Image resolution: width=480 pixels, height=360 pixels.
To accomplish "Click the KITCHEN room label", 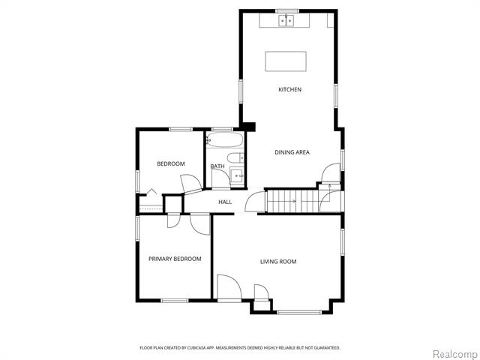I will (289, 90).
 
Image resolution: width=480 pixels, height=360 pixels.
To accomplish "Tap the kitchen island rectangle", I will (286, 60).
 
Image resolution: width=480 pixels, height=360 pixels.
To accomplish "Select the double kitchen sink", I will (286, 21).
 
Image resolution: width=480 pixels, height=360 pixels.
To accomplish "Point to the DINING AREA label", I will (292, 152).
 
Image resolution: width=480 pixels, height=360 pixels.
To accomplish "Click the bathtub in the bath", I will (224, 140).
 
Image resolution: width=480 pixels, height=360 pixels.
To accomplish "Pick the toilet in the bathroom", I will (235, 157).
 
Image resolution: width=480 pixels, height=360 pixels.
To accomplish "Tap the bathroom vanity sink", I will (238, 176).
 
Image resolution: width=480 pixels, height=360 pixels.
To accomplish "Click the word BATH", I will (217, 166).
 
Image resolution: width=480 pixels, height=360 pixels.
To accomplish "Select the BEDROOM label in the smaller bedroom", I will (170, 163).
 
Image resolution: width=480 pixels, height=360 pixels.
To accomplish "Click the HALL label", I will (225, 202).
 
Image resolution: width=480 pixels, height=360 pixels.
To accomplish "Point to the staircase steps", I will (284, 201).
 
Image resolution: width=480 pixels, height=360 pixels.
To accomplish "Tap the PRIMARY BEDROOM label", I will (175, 259).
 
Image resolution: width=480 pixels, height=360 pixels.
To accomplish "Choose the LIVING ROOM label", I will (278, 262).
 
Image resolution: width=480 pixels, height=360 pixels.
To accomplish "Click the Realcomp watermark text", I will (456, 353).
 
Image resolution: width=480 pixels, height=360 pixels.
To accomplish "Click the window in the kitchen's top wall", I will (286, 10).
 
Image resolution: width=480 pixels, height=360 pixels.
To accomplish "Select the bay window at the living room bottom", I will (299, 311).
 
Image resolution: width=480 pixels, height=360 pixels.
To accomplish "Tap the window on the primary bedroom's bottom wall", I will (175, 301).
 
